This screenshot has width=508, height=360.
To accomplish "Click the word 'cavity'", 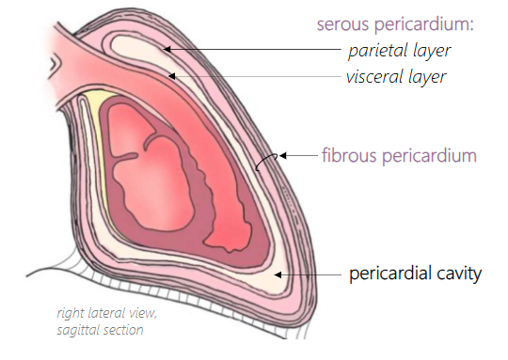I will tap(460, 274).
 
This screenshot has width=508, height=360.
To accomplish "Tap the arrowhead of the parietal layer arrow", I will tap(163, 47).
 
